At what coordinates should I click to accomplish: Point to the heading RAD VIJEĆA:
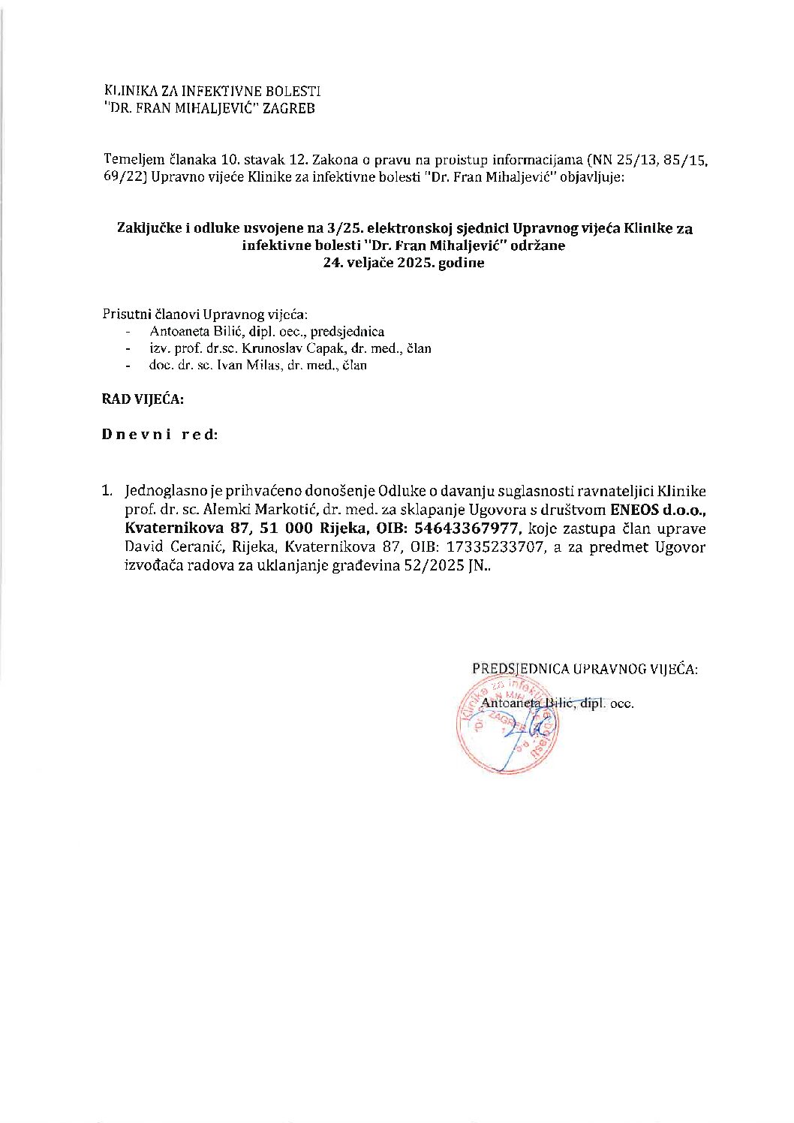pyautogui.click(x=143, y=399)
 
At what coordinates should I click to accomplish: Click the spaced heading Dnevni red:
pyautogui.click(x=160, y=435)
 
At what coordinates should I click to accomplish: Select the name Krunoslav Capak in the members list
pyautogui.click(x=279, y=348)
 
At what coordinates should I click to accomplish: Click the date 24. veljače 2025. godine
pyautogui.click(x=403, y=263)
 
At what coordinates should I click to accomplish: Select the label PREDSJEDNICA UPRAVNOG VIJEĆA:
pyautogui.click(x=585, y=669)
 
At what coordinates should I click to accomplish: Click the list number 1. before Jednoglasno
pyautogui.click(x=107, y=492)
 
